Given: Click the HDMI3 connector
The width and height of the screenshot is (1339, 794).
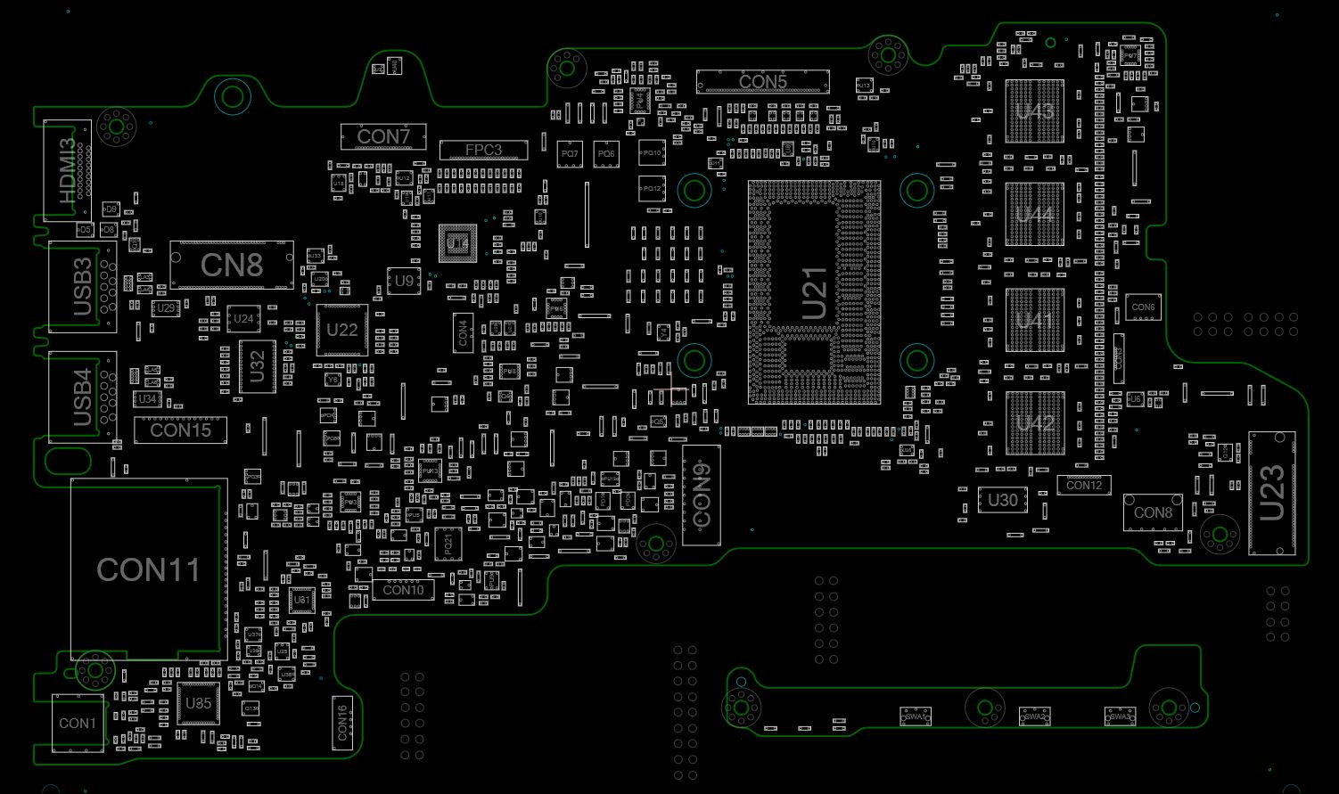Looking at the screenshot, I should [68, 171].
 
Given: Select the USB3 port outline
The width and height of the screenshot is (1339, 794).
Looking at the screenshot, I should [82, 287].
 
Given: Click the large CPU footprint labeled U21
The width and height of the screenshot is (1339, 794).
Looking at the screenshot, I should [814, 292].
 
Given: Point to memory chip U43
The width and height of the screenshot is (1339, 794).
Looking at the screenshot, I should [1034, 111].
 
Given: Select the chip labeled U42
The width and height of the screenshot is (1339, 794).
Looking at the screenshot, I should [1034, 422].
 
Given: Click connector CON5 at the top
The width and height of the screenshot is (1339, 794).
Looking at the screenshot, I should [762, 82].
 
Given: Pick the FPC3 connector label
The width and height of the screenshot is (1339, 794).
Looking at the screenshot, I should [483, 150].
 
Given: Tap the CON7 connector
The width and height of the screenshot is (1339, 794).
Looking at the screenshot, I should [383, 136].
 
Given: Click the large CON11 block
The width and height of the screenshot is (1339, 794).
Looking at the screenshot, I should [148, 569].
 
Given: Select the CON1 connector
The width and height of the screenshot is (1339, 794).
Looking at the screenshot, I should [77, 723].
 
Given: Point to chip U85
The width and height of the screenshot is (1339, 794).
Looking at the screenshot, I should [198, 703].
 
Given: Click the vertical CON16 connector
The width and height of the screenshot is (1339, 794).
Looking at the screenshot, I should [342, 722].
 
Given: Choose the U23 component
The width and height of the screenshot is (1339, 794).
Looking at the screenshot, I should [1271, 493].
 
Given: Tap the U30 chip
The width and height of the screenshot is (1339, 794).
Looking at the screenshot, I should [1002, 500].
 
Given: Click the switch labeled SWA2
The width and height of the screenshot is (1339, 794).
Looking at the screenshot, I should [1034, 716].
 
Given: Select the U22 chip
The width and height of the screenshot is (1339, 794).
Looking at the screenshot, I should [341, 330].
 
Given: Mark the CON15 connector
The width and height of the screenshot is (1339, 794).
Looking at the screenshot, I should [180, 430].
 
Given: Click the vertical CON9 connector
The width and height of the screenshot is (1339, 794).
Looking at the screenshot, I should [701, 495].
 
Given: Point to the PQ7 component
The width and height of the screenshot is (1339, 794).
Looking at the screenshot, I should [570, 154].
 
